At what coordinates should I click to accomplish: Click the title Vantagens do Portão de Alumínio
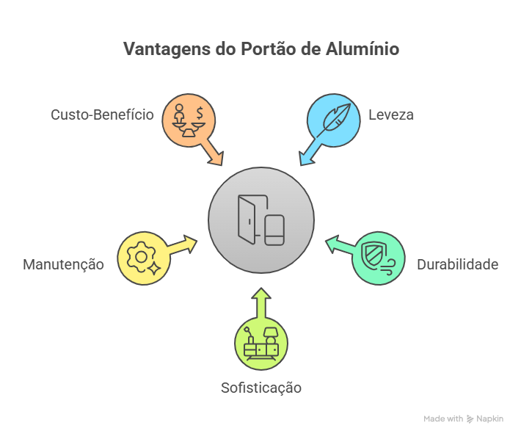[260, 49]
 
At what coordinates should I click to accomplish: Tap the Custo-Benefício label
[102, 115]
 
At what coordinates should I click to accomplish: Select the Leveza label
[391, 115]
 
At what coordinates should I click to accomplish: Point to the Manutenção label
[63, 264]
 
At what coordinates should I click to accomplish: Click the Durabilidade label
[458, 264]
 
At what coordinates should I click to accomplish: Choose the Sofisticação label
[261, 388]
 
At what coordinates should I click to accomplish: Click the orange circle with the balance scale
[189, 120]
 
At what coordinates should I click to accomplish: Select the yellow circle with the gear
[144, 258]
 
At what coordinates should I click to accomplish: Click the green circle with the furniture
[261, 342]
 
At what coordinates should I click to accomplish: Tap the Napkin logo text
[489, 419]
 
